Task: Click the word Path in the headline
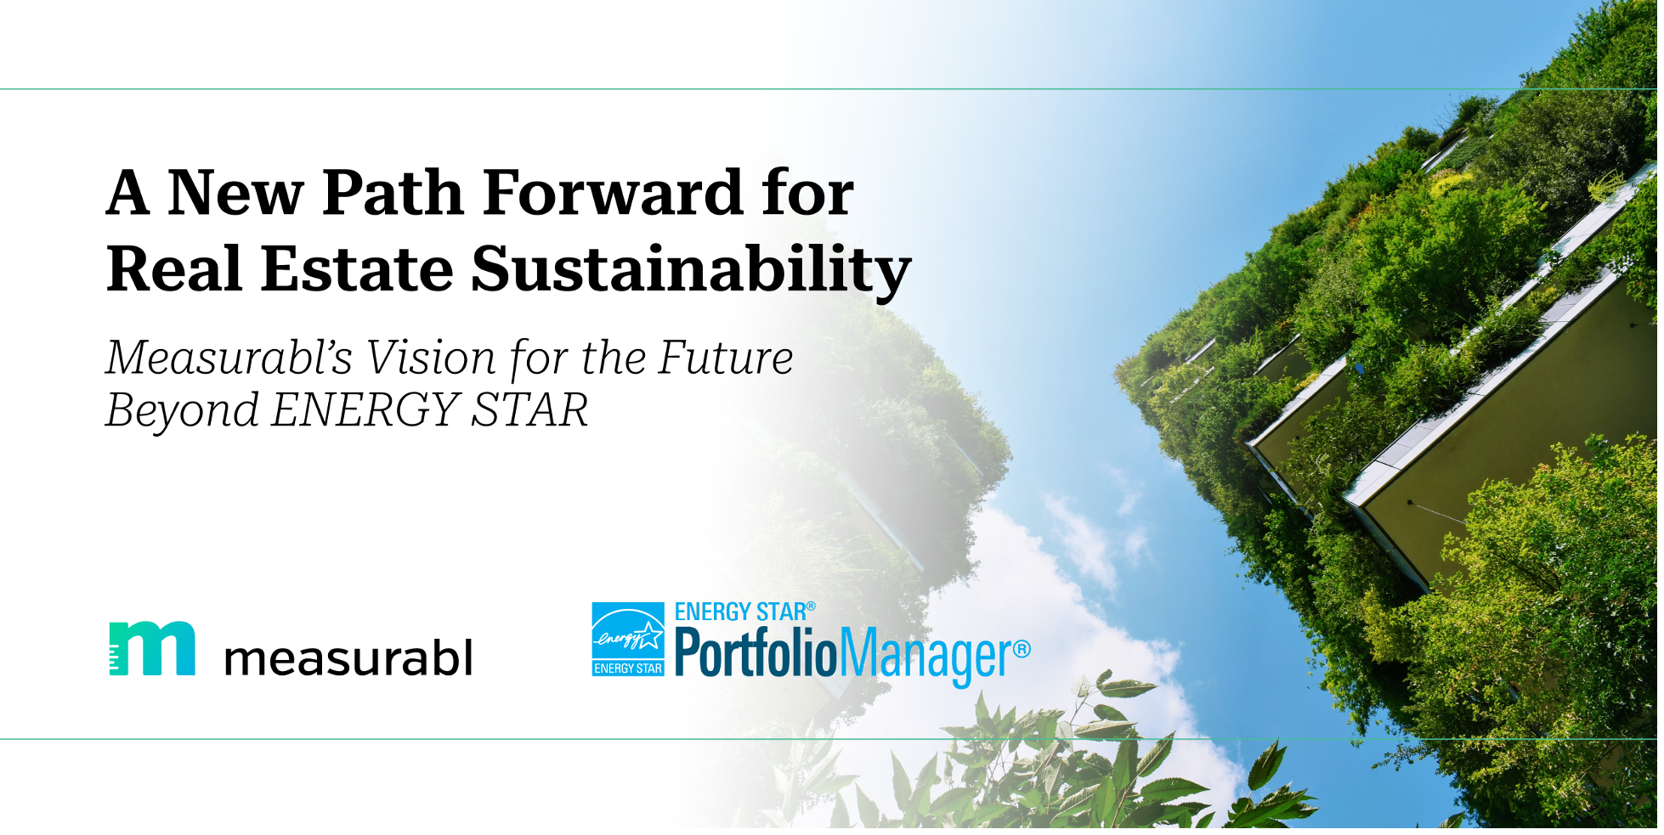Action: click(x=392, y=192)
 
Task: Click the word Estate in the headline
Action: click(x=358, y=268)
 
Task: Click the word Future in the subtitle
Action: click(x=727, y=358)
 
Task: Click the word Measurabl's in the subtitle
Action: click(x=229, y=358)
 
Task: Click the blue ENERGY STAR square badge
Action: click(x=628, y=640)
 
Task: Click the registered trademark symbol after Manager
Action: click(x=1022, y=650)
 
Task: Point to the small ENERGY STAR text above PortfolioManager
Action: click(x=741, y=612)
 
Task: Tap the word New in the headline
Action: click(x=235, y=192)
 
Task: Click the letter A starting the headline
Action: click(x=128, y=192)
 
